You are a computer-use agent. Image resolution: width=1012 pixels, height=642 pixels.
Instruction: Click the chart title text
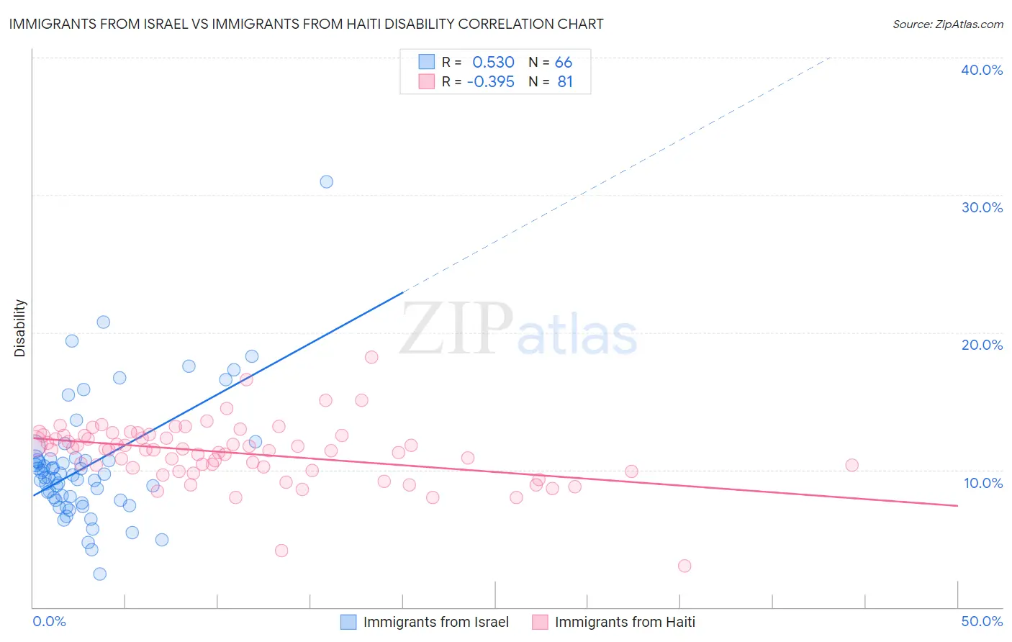(x=306, y=24)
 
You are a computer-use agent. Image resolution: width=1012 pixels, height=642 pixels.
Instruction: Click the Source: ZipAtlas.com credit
(x=947, y=24)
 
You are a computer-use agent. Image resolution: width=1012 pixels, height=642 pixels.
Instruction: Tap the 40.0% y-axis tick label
(x=982, y=70)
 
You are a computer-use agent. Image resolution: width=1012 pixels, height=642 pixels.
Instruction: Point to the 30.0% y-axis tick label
(x=982, y=207)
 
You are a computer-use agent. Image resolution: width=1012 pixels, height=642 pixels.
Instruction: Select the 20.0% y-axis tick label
(x=982, y=345)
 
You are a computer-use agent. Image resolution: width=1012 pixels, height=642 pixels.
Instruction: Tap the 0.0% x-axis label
(x=49, y=621)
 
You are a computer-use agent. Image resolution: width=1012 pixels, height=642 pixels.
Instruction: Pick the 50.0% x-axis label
(x=982, y=621)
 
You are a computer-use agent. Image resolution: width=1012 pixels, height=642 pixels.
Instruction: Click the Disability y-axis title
(x=20, y=328)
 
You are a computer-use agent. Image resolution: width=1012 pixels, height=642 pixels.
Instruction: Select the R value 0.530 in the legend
(x=493, y=62)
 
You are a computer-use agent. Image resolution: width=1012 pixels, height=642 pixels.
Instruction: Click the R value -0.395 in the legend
(x=490, y=82)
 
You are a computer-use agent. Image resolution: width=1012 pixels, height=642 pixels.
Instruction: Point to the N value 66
(x=564, y=62)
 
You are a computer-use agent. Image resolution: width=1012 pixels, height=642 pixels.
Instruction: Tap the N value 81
(x=565, y=82)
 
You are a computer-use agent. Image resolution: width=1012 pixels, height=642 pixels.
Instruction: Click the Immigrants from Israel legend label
(x=435, y=622)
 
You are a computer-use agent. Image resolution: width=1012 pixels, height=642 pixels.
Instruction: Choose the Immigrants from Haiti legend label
(x=625, y=622)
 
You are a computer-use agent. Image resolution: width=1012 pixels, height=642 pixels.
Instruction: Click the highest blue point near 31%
(x=326, y=181)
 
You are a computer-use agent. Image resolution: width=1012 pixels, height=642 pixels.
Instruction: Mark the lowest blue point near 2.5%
(x=100, y=574)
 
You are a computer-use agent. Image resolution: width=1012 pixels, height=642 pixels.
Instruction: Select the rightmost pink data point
(x=851, y=465)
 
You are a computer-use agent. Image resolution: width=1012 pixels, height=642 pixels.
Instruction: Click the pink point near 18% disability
(x=371, y=357)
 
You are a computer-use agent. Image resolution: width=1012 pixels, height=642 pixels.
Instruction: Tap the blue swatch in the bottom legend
(x=348, y=622)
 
